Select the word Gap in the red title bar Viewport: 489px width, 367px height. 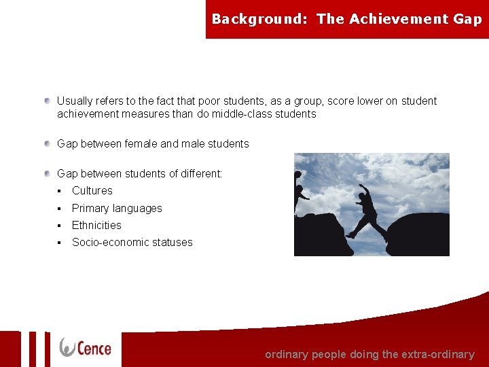pos(467,19)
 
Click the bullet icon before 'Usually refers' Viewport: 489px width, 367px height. pos(48,101)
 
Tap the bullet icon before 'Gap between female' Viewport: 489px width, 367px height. pos(48,143)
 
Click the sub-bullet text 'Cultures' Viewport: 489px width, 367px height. pos(92,191)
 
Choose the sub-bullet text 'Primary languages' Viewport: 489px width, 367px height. pos(117,208)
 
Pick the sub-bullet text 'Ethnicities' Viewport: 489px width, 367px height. pos(96,225)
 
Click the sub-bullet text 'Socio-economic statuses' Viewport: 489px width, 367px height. pos(132,242)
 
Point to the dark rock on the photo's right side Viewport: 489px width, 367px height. pos(420,235)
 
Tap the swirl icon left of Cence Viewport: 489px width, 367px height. pos(67,347)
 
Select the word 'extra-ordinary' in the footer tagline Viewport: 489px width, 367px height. pos(438,354)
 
